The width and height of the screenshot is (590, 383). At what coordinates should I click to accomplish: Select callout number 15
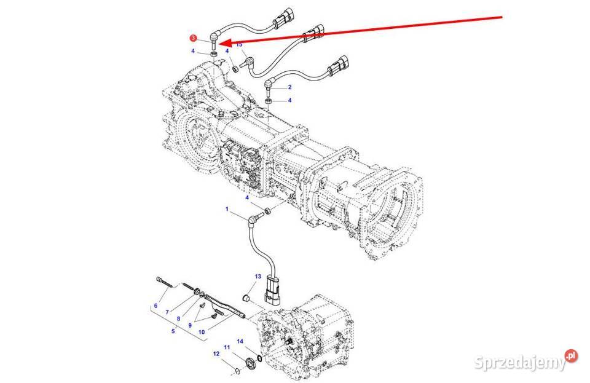pos(239,44)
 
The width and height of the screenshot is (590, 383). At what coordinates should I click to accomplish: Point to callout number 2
pos(289,87)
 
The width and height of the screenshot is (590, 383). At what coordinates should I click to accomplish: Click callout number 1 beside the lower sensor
pos(227,209)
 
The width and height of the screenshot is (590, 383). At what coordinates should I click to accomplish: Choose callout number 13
pos(258,277)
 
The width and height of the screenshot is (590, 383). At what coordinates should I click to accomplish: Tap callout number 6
pos(155,306)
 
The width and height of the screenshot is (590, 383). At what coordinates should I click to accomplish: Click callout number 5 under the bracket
pos(173,331)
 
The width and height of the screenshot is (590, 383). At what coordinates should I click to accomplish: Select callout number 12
pos(216,353)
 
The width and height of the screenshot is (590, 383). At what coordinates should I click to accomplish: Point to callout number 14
pos(240,341)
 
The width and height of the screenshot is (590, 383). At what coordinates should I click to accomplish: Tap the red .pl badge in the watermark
pos(572,355)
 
